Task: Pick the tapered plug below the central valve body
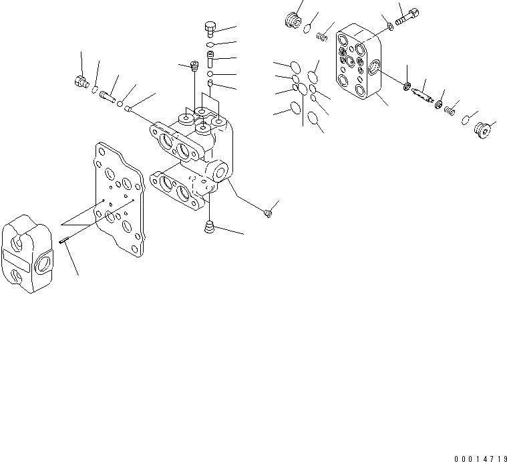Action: (210, 227)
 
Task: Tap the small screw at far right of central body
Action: (268, 213)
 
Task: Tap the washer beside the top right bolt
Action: (389, 27)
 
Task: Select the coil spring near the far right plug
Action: (452, 107)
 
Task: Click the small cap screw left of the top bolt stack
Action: (194, 66)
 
